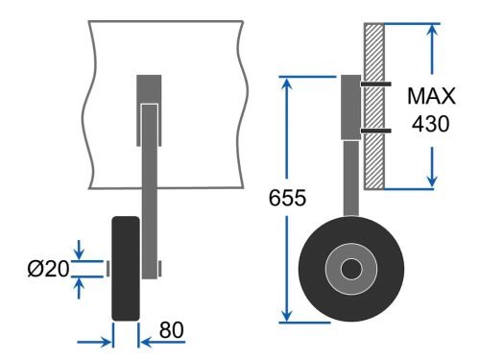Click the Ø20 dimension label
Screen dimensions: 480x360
tap(48, 269)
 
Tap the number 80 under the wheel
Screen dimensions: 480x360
tap(172, 330)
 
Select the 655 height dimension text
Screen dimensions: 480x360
tap(287, 198)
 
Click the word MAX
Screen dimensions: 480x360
tap(431, 96)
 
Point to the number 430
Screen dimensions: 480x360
tap(431, 124)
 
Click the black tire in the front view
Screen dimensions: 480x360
tap(126, 269)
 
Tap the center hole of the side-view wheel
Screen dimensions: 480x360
tap(351, 269)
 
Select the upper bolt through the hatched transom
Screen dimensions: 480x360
tap(376, 84)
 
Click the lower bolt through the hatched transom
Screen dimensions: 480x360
tap(376, 131)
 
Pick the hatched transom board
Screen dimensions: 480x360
tap(374, 107)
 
